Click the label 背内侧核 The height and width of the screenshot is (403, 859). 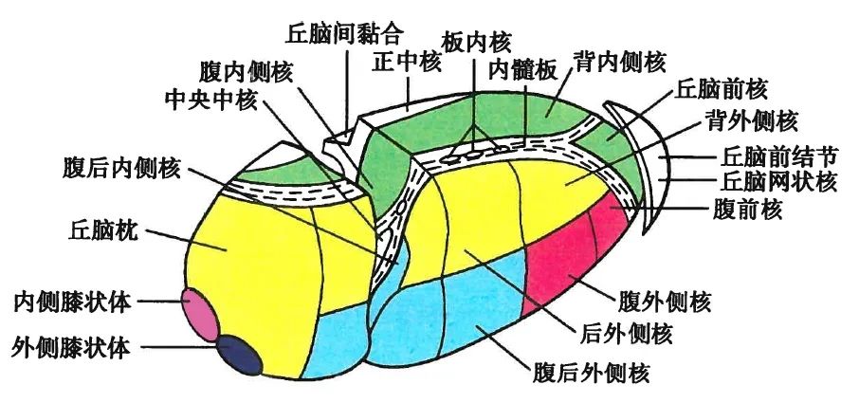coord(619,62)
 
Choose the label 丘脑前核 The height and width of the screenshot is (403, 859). coord(722,89)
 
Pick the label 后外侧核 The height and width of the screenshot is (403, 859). coord(625,333)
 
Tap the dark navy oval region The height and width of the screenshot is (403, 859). coord(237,356)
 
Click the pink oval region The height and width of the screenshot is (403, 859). coord(200,314)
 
